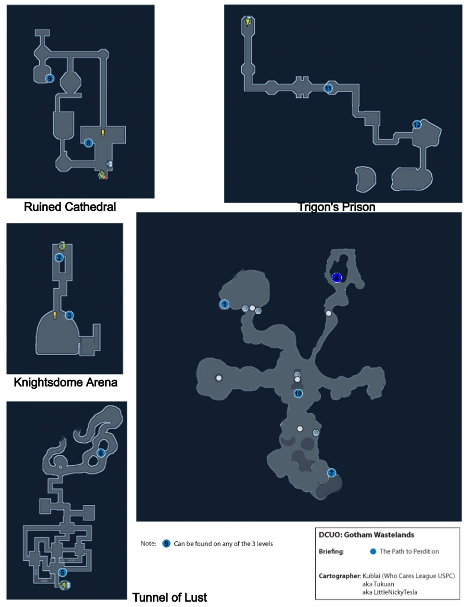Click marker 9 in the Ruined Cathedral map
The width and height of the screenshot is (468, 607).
click(x=50, y=78)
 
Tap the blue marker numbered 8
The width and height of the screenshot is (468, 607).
click(x=88, y=142)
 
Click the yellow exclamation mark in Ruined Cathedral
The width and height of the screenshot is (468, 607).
click(x=102, y=133)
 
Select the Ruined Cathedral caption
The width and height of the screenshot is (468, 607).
click(x=69, y=207)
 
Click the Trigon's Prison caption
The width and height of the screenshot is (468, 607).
click(x=336, y=207)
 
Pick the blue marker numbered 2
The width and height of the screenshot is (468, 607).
click(x=59, y=257)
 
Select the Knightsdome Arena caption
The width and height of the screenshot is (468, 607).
click(x=65, y=382)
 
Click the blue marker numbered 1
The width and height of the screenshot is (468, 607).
click(x=225, y=304)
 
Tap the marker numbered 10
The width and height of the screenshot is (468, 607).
click(x=298, y=393)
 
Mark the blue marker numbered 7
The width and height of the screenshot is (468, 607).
click(x=331, y=472)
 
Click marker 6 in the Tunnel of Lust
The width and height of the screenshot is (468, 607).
click(x=101, y=453)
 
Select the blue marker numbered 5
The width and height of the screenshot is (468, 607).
click(x=62, y=573)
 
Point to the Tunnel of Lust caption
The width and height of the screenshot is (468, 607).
click(x=169, y=597)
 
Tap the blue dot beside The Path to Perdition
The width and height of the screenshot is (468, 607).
click(x=373, y=551)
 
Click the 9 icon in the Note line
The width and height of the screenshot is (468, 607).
click(x=166, y=543)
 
